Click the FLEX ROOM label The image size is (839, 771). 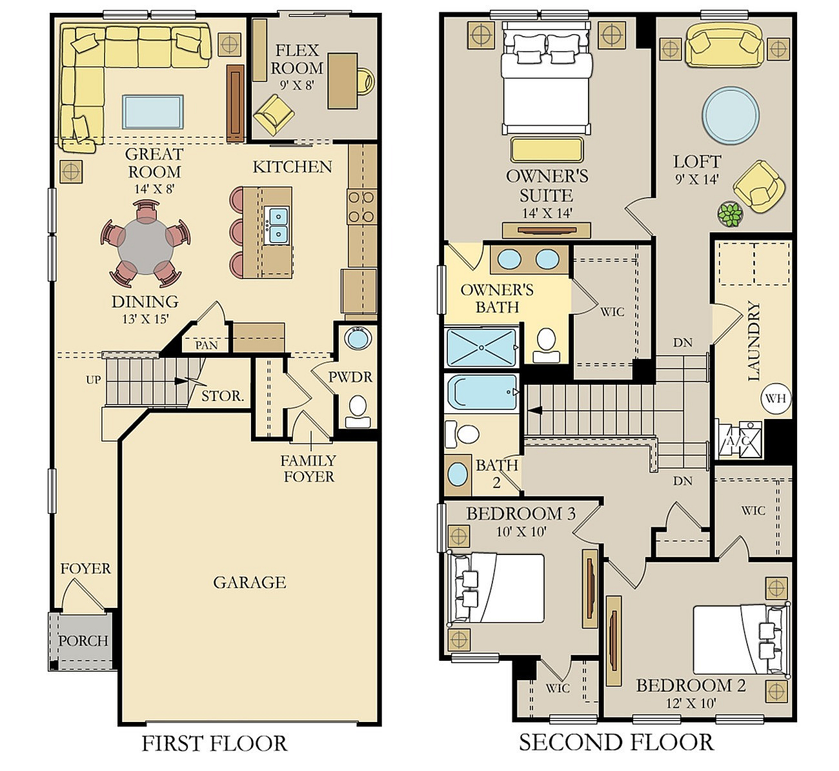296,59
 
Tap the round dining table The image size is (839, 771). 145,246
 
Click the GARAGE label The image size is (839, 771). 250,583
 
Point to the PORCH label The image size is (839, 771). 83,641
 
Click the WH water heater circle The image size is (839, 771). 776,398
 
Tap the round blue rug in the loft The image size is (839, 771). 731,115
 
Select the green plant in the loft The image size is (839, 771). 731,215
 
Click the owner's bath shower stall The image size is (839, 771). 482,347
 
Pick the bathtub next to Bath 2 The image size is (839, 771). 482,393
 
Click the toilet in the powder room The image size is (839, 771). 358,411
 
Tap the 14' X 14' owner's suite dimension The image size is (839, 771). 547,213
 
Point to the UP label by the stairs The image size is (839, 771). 94,380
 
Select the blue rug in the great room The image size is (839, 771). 153,112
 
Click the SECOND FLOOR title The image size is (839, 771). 616,742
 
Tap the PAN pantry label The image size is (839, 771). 207,345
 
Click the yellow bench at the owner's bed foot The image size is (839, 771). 546,150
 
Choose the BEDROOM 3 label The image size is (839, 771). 521,514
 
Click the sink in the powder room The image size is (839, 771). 358,338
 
